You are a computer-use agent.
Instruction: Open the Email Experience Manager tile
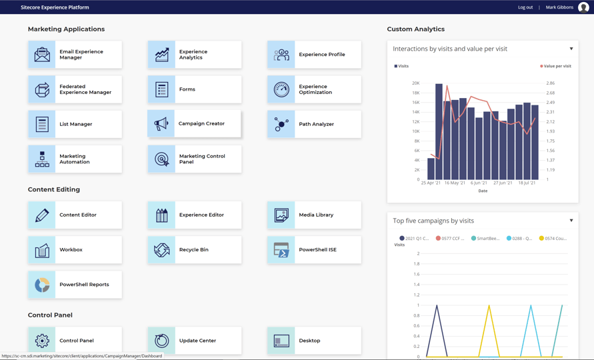pos(75,55)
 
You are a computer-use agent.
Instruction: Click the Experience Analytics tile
pos(194,55)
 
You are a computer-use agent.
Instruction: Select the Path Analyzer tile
pos(314,124)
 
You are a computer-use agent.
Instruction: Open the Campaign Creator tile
pos(194,124)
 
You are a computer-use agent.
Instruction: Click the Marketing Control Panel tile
pos(194,159)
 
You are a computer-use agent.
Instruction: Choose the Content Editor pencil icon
pos(42,215)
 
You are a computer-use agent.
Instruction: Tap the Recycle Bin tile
pos(194,250)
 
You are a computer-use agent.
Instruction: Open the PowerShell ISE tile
pos(314,250)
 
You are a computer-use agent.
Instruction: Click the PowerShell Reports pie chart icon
pos(42,285)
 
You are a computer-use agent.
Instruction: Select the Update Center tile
pos(194,341)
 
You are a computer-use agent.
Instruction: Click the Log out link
pos(525,7)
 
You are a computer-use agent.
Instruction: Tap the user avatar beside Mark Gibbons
pos(583,7)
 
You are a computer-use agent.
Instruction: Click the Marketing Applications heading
pos(66,29)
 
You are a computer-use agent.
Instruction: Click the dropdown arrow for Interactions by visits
pos(571,49)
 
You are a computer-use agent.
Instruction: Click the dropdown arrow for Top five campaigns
pos(571,221)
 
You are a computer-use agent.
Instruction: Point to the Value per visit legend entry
pos(556,66)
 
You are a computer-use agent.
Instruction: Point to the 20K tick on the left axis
pos(415,83)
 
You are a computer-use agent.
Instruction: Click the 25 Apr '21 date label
pos(431,183)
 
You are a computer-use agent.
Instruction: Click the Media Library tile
pos(314,215)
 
